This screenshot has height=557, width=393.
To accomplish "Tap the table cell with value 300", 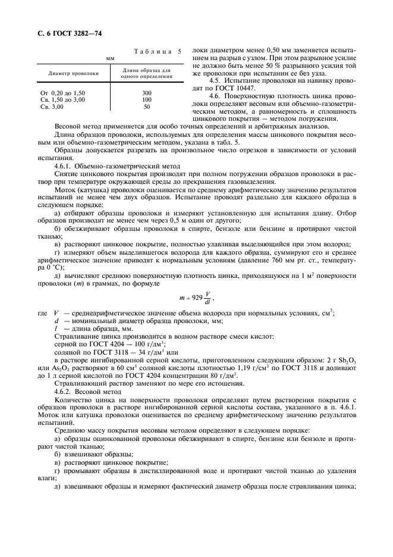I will tap(147, 93).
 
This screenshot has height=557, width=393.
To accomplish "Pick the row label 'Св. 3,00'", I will tap(52, 107).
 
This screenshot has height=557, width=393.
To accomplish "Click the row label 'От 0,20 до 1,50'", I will tap(62, 93).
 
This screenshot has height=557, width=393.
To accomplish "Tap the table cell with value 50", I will tap(147, 107).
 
